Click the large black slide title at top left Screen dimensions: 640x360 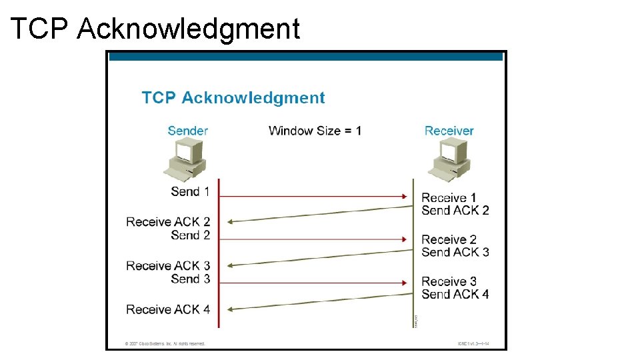tap(155, 28)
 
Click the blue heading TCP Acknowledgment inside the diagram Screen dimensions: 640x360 tap(233, 98)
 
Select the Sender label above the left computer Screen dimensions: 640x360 tap(188, 131)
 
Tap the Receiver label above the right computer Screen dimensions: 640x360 tap(449, 131)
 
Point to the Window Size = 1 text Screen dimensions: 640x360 tap(315, 131)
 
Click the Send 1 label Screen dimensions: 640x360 tap(190, 191)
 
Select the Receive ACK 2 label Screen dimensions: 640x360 tap(168, 222)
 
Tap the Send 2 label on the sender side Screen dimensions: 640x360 tap(190, 235)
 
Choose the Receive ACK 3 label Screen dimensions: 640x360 tap(168, 266)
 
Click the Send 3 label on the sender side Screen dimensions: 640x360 tap(190, 279)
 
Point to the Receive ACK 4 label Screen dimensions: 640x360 tap(168, 309)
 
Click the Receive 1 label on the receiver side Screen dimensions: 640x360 tap(449, 197)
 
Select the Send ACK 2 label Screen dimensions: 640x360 tap(455, 211)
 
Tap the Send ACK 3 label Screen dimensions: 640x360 tap(455, 252)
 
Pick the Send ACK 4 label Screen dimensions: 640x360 tap(455, 294)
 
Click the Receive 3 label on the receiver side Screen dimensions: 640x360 tap(449, 281)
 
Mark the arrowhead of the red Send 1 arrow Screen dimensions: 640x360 tap(405, 196)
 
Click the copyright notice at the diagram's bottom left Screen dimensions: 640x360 tap(165, 344)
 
